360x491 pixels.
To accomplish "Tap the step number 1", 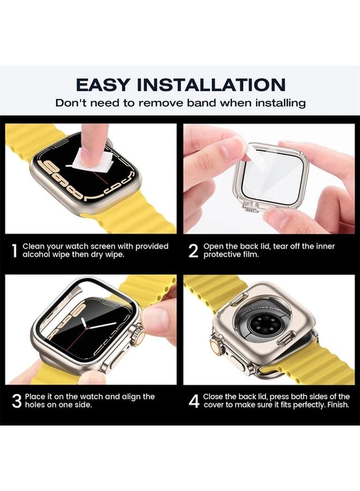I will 14,251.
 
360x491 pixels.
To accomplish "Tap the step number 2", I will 193,251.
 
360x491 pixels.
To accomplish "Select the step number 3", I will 16,401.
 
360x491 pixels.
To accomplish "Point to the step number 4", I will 194,401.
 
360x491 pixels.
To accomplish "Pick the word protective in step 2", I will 223,254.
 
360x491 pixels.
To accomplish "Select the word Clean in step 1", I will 33,247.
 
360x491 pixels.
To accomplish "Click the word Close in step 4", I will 214,397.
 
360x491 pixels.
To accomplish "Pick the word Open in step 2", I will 213,247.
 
